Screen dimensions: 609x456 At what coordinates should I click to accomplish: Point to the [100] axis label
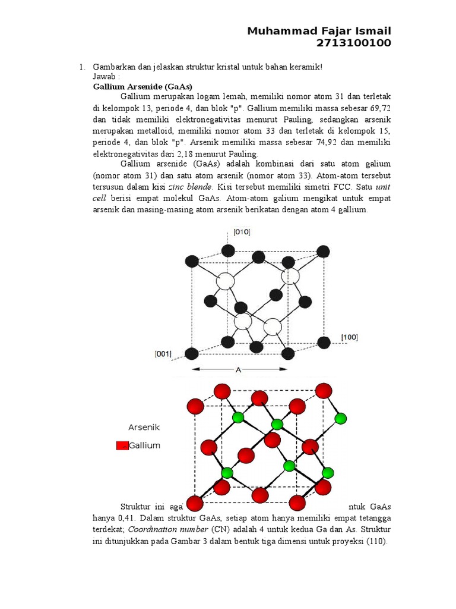[x=349, y=337]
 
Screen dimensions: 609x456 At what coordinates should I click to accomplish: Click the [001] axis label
[x=163, y=354]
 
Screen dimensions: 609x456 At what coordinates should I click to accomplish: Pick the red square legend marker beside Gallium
[x=122, y=446]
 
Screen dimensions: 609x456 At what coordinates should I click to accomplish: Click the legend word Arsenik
[x=144, y=427]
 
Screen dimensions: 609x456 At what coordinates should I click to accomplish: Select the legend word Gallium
[x=145, y=445]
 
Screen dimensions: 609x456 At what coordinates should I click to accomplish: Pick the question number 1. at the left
[x=83, y=67]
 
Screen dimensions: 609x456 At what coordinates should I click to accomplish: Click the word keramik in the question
[x=305, y=67]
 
